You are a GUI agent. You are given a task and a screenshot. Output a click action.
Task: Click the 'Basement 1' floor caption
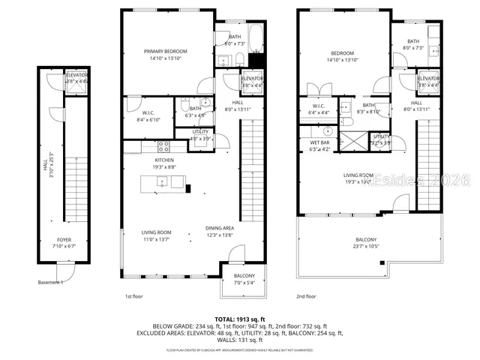(x=51, y=283)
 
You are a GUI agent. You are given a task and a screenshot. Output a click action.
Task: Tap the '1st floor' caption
(x=133, y=296)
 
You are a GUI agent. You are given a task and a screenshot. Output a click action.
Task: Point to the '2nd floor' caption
(x=306, y=296)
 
